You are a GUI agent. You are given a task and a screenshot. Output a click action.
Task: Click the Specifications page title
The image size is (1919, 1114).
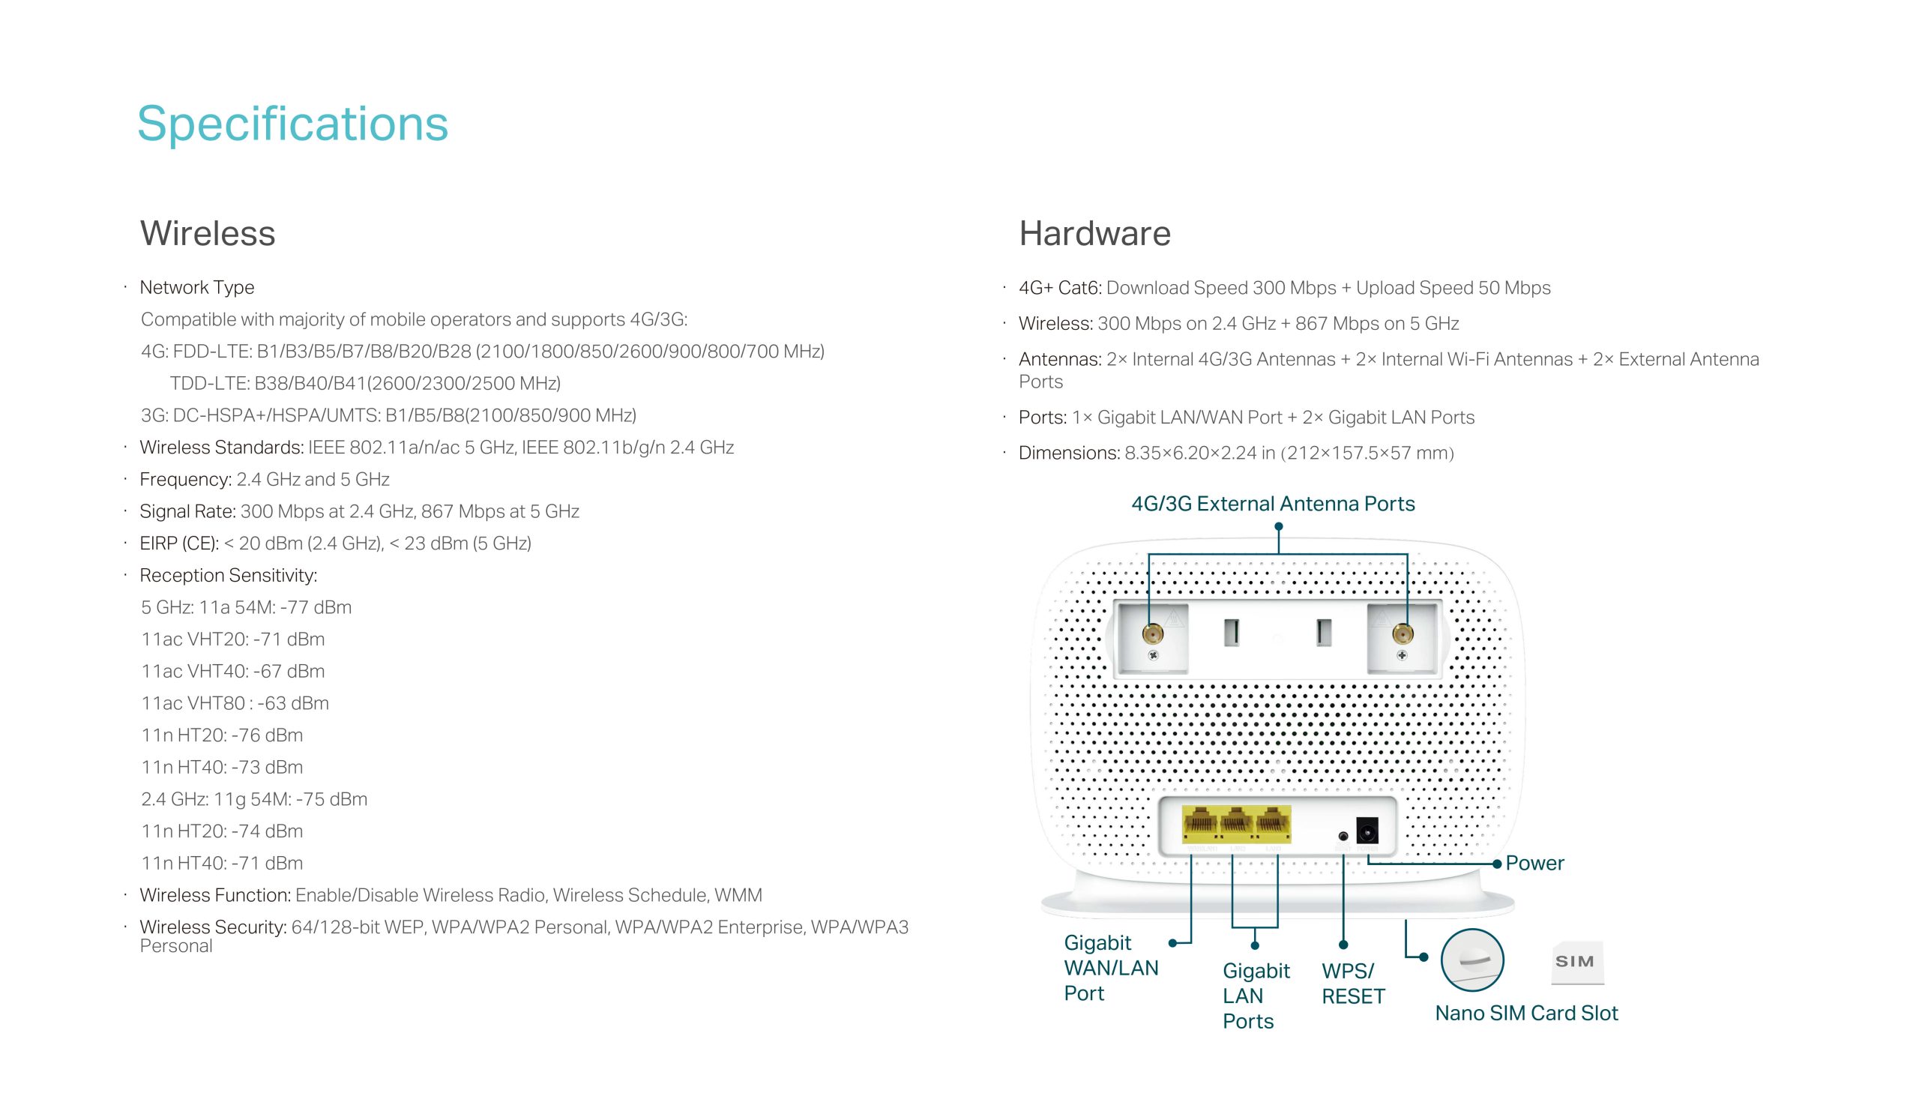(x=292, y=124)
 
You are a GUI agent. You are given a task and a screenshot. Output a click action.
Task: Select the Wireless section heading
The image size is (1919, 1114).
(x=207, y=233)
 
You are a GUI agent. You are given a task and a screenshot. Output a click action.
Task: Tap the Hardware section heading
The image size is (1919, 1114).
(x=1094, y=233)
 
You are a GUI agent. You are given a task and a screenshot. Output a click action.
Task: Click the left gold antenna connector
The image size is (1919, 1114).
(x=1153, y=633)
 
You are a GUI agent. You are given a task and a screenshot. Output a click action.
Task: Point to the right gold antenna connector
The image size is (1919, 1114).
(x=1402, y=633)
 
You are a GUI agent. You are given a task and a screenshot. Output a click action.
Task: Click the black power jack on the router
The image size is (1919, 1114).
(x=1367, y=830)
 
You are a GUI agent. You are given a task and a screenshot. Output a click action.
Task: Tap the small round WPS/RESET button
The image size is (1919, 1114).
(x=1343, y=836)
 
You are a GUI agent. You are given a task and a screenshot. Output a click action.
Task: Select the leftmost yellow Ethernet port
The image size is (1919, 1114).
(x=1199, y=825)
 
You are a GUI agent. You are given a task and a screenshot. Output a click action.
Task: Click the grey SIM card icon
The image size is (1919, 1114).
(x=1576, y=962)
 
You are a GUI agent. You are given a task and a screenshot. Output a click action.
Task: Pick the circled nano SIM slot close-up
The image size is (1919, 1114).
(x=1472, y=960)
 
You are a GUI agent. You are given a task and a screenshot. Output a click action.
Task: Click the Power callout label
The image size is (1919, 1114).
(x=1534, y=863)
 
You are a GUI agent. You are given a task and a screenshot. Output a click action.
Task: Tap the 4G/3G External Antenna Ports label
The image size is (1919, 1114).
(x=1273, y=503)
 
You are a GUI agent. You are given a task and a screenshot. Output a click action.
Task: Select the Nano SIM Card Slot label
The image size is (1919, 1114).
(x=1526, y=1013)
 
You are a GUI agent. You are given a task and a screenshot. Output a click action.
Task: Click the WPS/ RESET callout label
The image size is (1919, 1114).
(x=1352, y=983)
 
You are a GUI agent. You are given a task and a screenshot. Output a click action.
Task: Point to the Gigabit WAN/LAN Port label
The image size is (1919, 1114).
(x=1110, y=968)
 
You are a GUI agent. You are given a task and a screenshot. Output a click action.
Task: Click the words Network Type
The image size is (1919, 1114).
(x=196, y=287)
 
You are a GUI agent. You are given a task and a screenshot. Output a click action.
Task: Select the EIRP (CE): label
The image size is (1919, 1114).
(x=179, y=543)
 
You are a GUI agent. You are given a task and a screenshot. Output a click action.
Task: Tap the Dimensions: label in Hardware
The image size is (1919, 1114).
(x=1068, y=453)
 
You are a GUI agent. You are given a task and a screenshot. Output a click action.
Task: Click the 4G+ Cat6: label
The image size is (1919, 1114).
(x=1060, y=288)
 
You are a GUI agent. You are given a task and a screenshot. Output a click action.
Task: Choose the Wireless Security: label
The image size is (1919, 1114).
(x=212, y=927)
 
